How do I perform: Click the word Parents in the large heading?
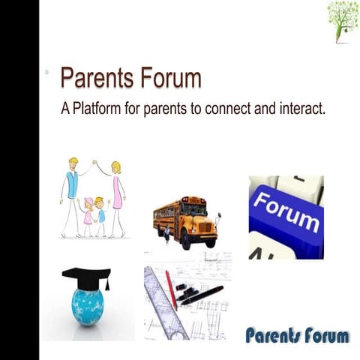(97, 79)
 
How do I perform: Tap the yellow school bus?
(184, 219)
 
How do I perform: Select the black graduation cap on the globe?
(87, 277)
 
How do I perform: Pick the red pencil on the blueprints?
(171, 289)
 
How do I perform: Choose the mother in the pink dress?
(117, 196)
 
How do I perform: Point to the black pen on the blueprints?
(202, 295)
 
